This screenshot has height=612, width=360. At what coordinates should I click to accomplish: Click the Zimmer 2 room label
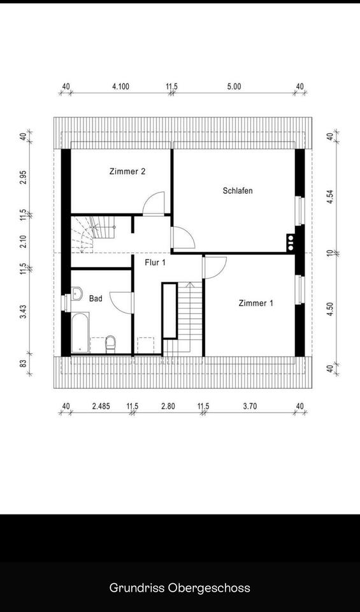(x=127, y=171)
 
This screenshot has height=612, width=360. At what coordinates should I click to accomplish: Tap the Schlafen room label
(x=238, y=191)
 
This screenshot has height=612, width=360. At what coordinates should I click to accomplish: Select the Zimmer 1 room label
(x=256, y=303)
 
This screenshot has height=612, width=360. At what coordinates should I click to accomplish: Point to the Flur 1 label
(x=155, y=262)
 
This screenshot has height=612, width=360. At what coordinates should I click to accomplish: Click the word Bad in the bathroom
(x=96, y=298)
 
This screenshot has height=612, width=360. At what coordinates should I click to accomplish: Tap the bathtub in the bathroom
(x=80, y=333)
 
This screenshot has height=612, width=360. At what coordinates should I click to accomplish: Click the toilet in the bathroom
(x=111, y=344)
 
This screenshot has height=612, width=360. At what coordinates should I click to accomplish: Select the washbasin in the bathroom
(x=76, y=293)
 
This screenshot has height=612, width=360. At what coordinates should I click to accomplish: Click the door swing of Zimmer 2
(x=154, y=203)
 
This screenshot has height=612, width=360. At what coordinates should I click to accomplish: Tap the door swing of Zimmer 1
(x=215, y=267)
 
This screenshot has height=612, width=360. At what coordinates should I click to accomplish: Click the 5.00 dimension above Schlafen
(x=234, y=87)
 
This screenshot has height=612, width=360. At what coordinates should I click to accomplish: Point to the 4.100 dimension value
(x=120, y=87)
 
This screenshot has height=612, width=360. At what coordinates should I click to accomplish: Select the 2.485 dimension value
(x=101, y=406)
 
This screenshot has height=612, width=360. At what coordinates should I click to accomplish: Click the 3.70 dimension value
(x=250, y=406)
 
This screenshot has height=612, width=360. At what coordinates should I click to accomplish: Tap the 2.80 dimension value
(x=168, y=406)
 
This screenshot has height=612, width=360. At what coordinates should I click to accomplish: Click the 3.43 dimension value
(x=24, y=312)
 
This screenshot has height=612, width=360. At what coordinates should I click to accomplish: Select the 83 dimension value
(x=24, y=363)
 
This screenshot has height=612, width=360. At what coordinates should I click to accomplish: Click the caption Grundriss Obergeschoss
(x=180, y=587)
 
